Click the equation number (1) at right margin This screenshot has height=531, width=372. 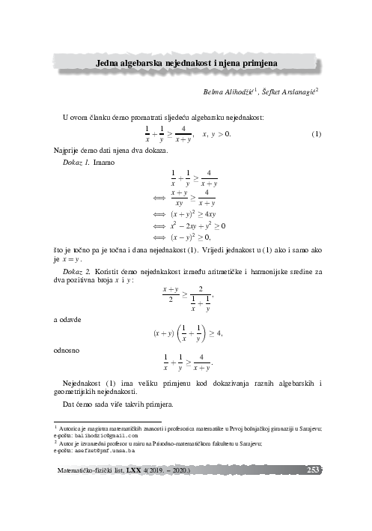pyautogui.click(x=316, y=134)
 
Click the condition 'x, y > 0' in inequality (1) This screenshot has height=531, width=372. pyautogui.click(x=217, y=134)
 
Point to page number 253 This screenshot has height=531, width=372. pyautogui.click(x=314, y=470)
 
